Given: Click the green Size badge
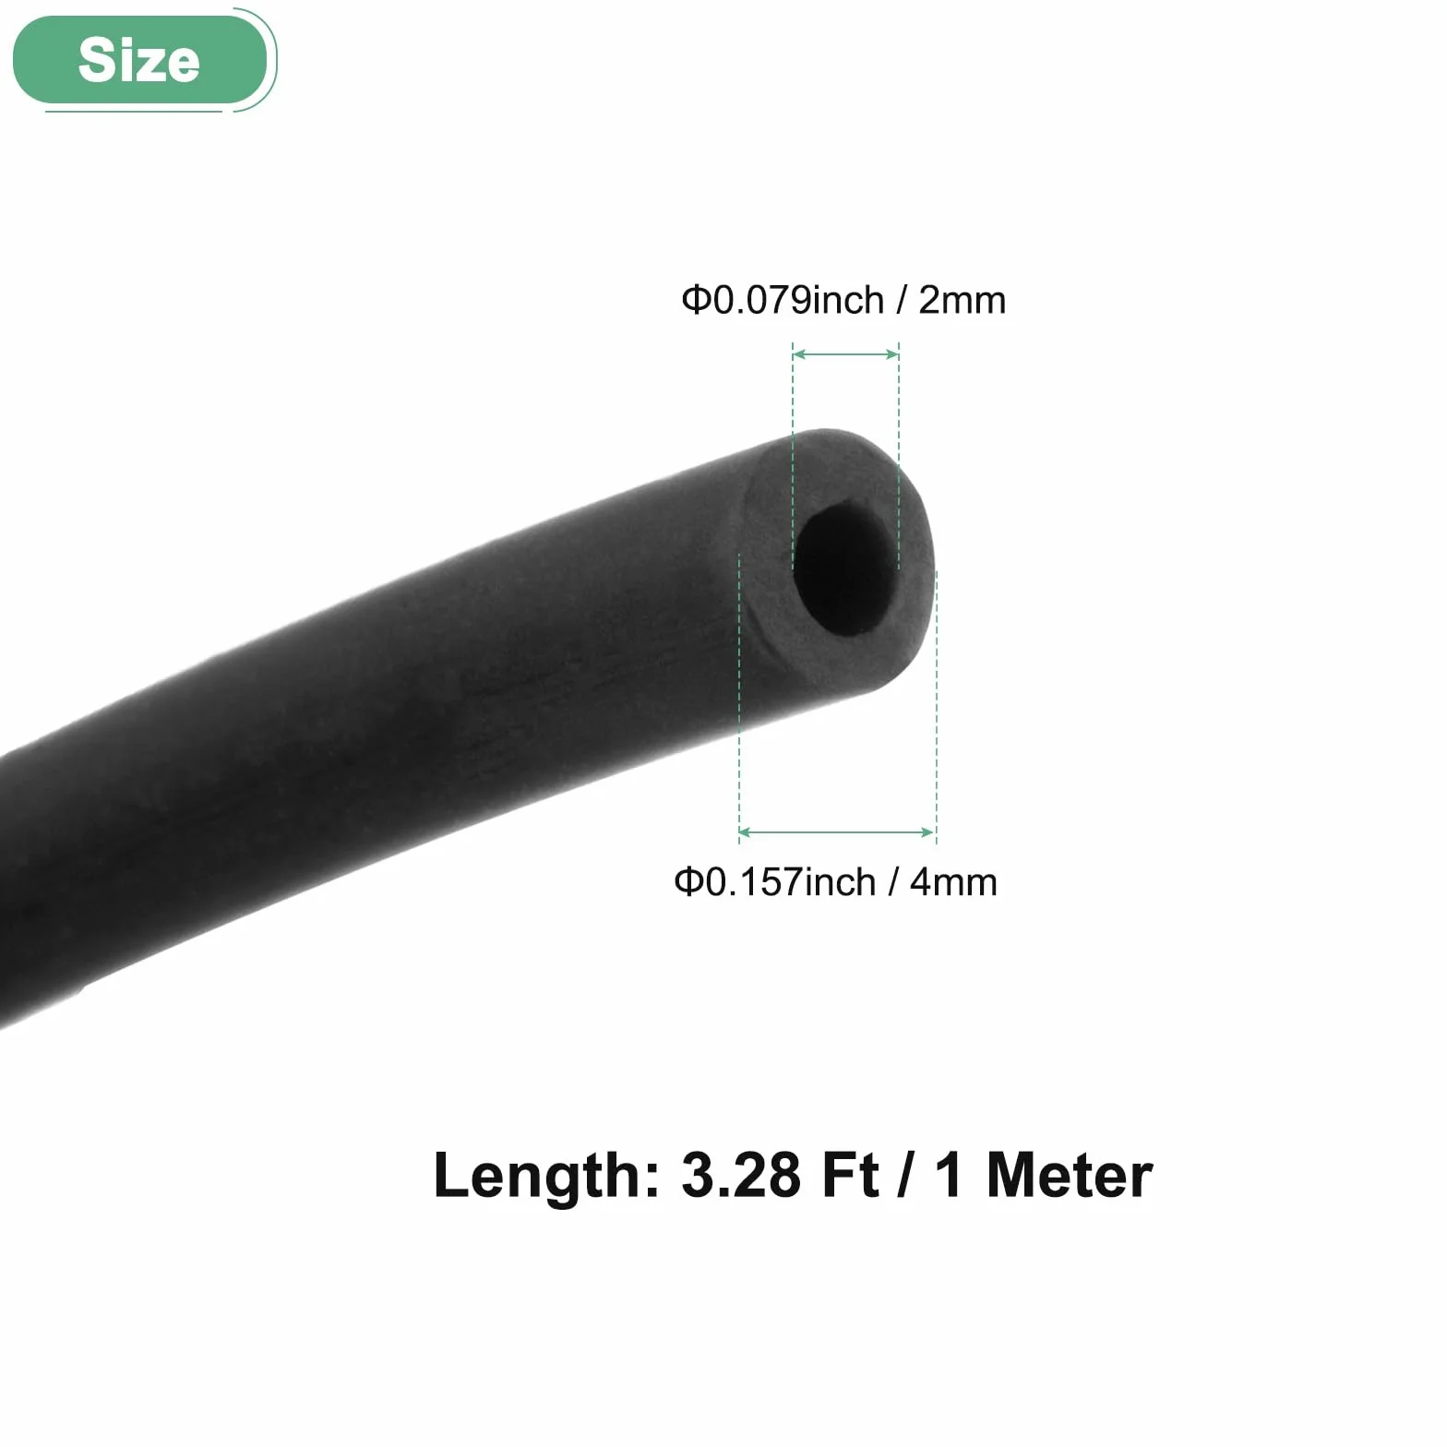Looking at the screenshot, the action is tap(139, 61).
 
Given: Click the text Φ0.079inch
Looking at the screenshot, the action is tap(783, 300).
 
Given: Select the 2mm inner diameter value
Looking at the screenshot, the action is tap(962, 300).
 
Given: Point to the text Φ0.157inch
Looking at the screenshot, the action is tap(774, 882).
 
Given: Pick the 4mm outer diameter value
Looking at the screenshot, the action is tap(953, 882).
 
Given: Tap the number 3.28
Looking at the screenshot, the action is tap(741, 1177).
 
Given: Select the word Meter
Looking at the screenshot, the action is tap(1070, 1177).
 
